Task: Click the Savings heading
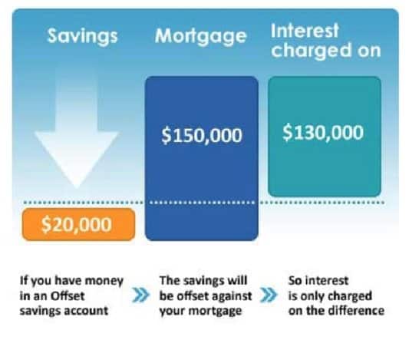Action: point(82,36)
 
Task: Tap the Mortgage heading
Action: point(200,36)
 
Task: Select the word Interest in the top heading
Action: point(305,31)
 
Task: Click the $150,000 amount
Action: point(202,135)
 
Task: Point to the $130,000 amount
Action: point(323,133)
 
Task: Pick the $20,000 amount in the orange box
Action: point(77,225)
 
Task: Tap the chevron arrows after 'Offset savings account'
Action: point(141,296)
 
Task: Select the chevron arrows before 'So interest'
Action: point(269,295)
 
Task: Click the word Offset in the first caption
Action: point(68,296)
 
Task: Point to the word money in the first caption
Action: point(104,281)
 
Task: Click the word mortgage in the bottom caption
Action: point(215,312)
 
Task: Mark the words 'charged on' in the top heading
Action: point(326,51)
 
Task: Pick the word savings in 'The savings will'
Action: point(204,281)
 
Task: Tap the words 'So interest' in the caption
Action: point(318,281)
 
